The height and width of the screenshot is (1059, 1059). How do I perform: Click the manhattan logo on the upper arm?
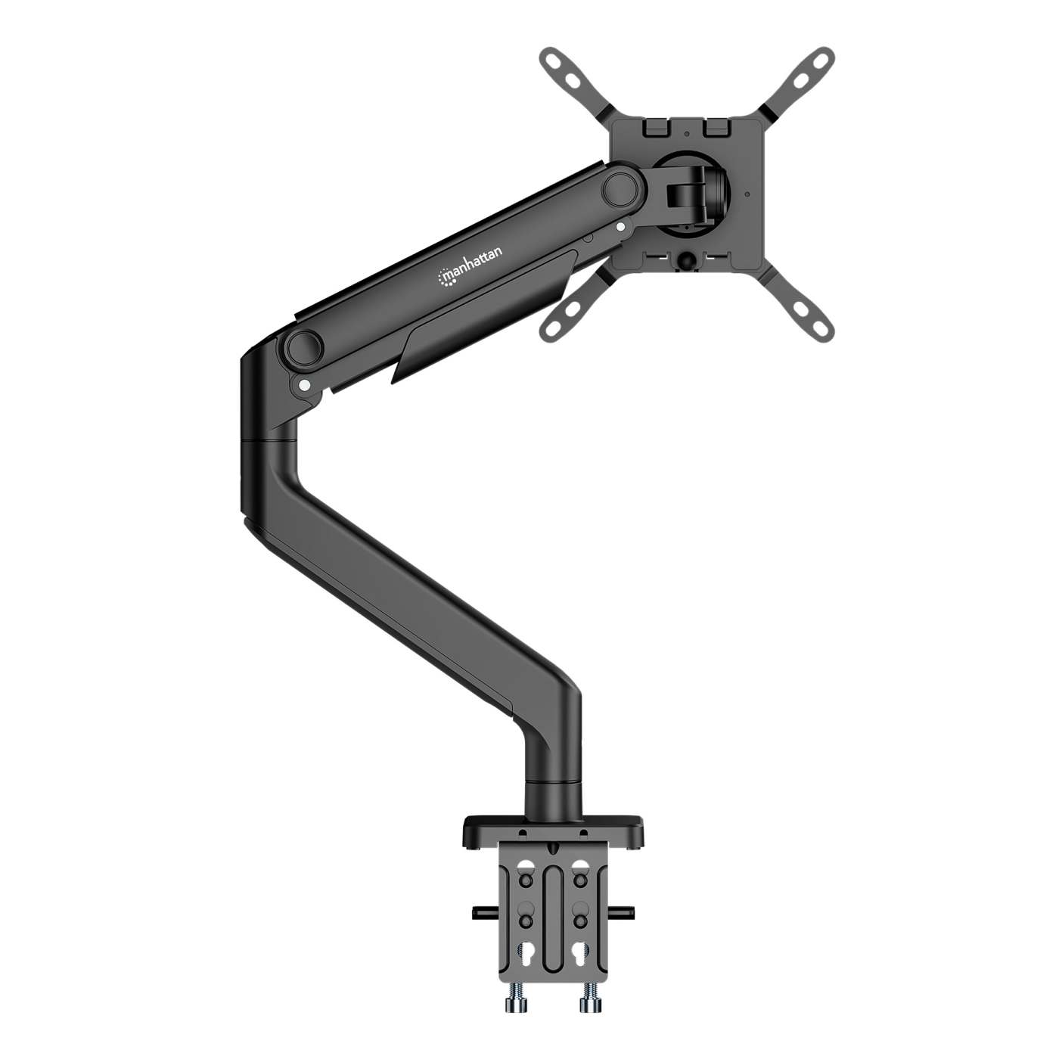pyautogui.click(x=470, y=269)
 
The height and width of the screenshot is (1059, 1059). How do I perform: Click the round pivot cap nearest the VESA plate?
pyautogui.click(x=621, y=187)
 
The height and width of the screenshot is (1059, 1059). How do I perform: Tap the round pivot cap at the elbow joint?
pyautogui.click(x=303, y=347)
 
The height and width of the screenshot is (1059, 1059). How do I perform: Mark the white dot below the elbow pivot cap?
pyautogui.click(x=304, y=384)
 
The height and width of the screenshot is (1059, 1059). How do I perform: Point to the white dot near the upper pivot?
pyautogui.click(x=620, y=225)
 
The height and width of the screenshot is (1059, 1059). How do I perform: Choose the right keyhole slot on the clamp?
pyautogui.click(x=580, y=952)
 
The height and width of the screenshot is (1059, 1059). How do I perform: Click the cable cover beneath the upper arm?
pyautogui.click(x=484, y=318)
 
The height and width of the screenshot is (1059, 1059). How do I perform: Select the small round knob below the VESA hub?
pyautogui.click(x=686, y=259)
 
